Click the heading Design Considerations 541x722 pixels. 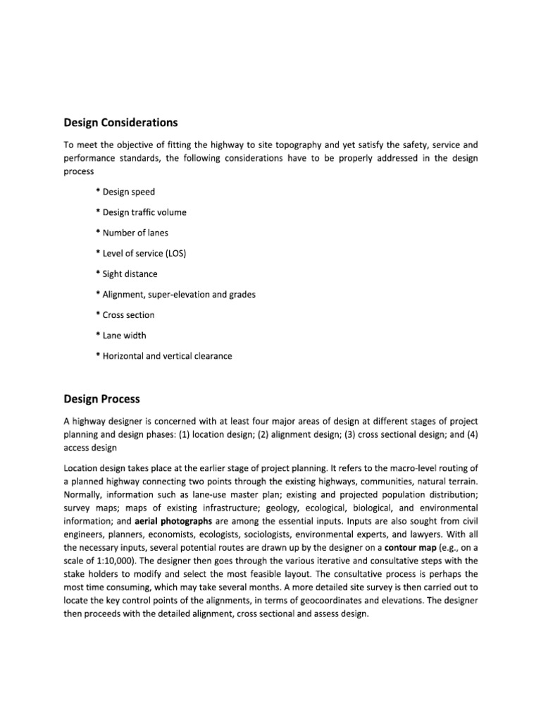[x=120, y=123]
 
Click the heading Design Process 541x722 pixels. [x=101, y=399]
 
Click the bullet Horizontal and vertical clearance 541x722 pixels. [x=163, y=356]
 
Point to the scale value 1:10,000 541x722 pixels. [x=108, y=560]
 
